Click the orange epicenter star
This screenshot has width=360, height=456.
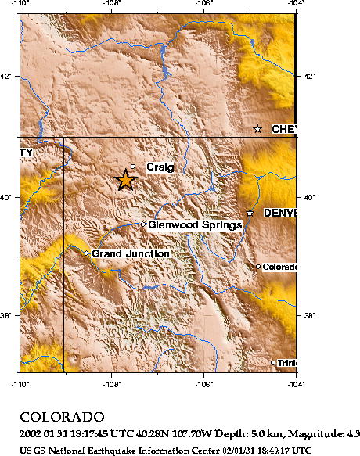pos(125,180)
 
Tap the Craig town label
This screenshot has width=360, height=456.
pos(160,167)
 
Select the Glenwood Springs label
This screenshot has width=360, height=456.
pos(194,225)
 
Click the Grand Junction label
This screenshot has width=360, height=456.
pos(130,253)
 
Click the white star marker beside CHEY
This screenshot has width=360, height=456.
pos(257,129)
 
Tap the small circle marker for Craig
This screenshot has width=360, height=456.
pos(133,167)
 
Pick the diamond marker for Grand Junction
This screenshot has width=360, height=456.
pos(86,253)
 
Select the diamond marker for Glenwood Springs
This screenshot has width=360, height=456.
pos(143,224)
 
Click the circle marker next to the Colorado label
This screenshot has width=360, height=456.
pos(258,267)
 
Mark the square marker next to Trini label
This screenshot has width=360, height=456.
pos(273,362)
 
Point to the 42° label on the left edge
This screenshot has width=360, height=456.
pos(6,76)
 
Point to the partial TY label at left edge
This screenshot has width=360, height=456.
pos(26,152)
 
